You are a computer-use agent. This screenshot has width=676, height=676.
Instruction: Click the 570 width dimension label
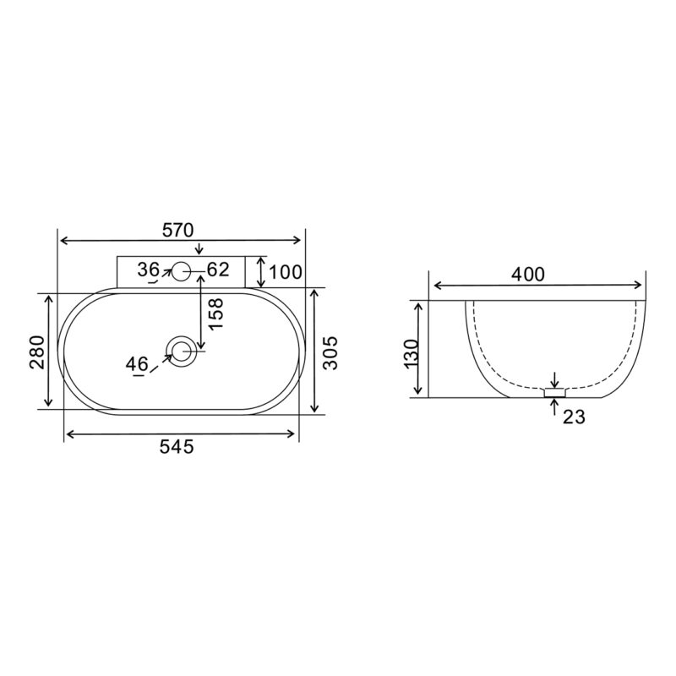pyautogui.click(x=177, y=230)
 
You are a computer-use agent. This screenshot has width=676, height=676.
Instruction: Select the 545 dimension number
pyautogui.click(x=177, y=447)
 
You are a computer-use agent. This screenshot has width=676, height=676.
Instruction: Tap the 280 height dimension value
pyautogui.click(x=37, y=352)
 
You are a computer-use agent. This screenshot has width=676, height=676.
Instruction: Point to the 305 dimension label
pyautogui.click(x=330, y=353)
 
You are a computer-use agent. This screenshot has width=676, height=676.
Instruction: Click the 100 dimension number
pyautogui.click(x=286, y=272)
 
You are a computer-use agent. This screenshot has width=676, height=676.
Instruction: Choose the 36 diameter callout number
pyautogui.click(x=149, y=270)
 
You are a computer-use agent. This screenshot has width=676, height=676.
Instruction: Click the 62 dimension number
pyautogui.click(x=218, y=270)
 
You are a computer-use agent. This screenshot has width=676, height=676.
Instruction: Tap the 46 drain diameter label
pyautogui.click(x=137, y=364)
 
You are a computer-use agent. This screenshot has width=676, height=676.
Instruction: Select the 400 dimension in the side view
pyautogui.click(x=528, y=274)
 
